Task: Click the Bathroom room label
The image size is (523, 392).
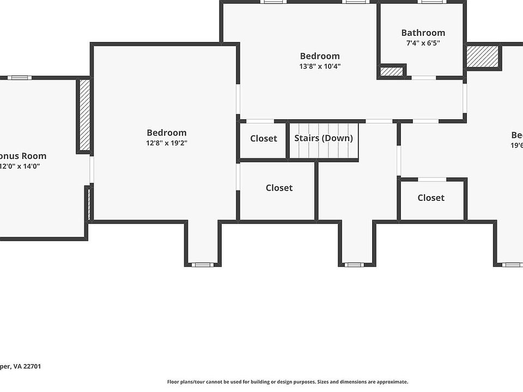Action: (x=423, y=33)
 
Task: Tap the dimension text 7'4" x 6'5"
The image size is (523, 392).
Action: (x=423, y=44)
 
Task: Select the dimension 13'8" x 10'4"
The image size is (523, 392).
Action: (x=320, y=66)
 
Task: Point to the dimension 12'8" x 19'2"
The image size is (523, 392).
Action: (x=167, y=143)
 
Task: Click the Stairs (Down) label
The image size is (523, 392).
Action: (x=324, y=138)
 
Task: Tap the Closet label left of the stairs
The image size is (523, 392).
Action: (x=264, y=139)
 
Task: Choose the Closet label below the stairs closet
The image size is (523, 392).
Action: (x=279, y=188)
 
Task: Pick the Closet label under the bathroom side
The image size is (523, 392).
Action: (x=431, y=198)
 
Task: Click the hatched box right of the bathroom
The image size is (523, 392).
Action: (x=483, y=57)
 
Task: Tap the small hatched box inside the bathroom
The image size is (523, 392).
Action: (x=392, y=71)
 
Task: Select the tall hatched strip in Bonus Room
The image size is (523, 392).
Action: (x=85, y=114)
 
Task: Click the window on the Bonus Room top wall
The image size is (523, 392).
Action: (x=20, y=78)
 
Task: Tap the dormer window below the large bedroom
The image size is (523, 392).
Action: (x=203, y=265)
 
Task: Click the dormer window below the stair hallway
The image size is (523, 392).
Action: (x=354, y=265)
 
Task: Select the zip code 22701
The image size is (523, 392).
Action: (x=31, y=366)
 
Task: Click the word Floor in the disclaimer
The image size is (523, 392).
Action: (x=174, y=382)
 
